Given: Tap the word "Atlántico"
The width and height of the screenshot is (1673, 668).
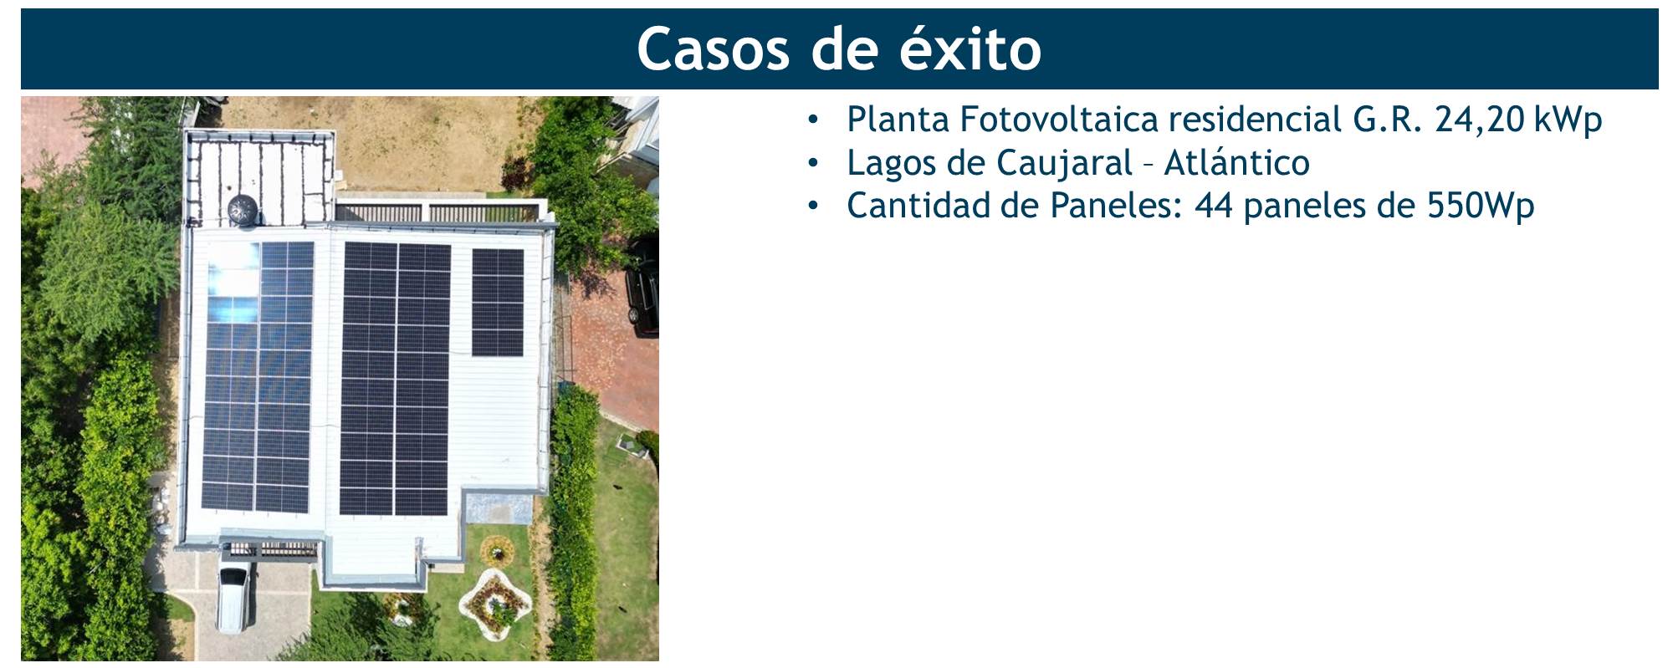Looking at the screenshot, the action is [x=1236, y=162].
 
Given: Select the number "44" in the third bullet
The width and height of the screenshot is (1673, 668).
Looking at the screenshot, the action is [x=1214, y=206].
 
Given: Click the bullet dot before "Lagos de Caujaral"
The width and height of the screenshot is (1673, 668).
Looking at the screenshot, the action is [x=813, y=164].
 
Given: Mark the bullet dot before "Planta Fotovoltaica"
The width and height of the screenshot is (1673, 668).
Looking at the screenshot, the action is [x=813, y=120].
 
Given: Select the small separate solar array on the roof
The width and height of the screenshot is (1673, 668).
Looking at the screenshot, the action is [x=498, y=303].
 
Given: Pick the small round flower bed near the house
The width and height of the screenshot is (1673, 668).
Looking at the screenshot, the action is [x=496, y=551].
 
